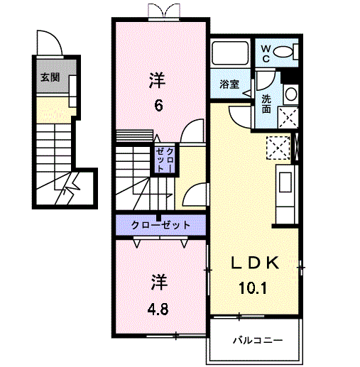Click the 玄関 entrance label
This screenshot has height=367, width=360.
click(x=50, y=77)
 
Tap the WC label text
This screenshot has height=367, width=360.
click(x=266, y=54)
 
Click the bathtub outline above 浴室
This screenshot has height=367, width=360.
click(x=230, y=53)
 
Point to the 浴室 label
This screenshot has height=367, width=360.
click(x=229, y=84)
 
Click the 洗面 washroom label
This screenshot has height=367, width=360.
click(x=266, y=104)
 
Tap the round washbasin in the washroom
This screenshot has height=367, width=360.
click(x=291, y=94)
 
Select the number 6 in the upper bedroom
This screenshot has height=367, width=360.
click(x=158, y=105)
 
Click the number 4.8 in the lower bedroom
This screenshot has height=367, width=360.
click(x=158, y=309)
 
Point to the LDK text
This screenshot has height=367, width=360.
click(x=255, y=263)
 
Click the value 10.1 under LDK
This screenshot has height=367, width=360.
click(x=253, y=287)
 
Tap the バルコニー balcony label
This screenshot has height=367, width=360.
click(x=258, y=340)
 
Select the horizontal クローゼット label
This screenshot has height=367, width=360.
click(x=160, y=225)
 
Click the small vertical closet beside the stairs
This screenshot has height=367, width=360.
click(x=165, y=160)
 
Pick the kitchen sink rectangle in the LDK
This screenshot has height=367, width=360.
click(x=285, y=182)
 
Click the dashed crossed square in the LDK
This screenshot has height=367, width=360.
click(x=278, y=148)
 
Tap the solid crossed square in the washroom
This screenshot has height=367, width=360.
click(x=288, y=117)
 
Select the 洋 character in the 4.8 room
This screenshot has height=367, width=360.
click(x=159, y=283)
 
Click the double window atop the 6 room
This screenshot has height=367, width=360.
click(x=164, y=12)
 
